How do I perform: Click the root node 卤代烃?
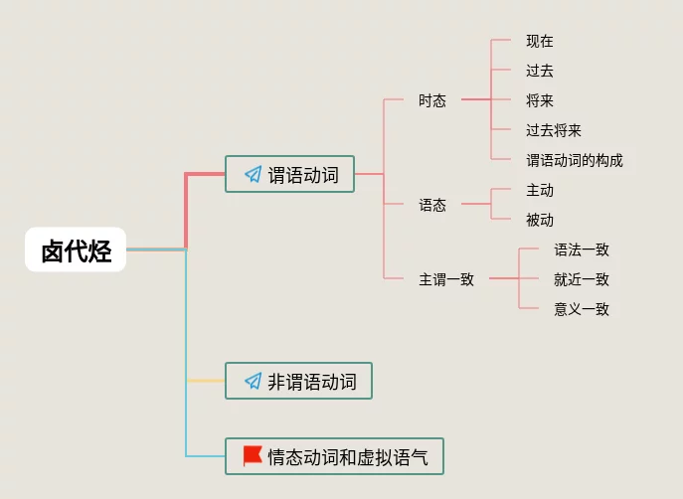click(76, 250)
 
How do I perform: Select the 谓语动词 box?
click(289, 175)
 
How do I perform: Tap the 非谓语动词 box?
click(298, 381)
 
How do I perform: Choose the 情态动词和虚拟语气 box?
click(334, 457)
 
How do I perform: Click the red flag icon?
click(253, 456)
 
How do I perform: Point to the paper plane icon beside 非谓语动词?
click(253, 381)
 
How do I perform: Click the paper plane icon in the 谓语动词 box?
click(253, 175)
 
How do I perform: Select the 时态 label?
click(432, 100)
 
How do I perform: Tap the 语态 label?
click(432, 205)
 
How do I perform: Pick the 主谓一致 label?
click(446, 279)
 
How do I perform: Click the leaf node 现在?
click(540, 41)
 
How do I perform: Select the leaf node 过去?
click(540, 71)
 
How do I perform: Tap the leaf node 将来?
click(540, 100)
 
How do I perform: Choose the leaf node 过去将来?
click(554, 130)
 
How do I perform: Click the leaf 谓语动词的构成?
click(575, 160)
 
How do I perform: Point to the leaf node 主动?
click(540, 190)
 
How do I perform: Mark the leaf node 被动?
click(540, 220)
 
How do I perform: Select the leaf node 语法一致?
click(582, 249)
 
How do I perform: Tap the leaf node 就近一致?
click(582, 279)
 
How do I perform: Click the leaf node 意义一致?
click(582, 309)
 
